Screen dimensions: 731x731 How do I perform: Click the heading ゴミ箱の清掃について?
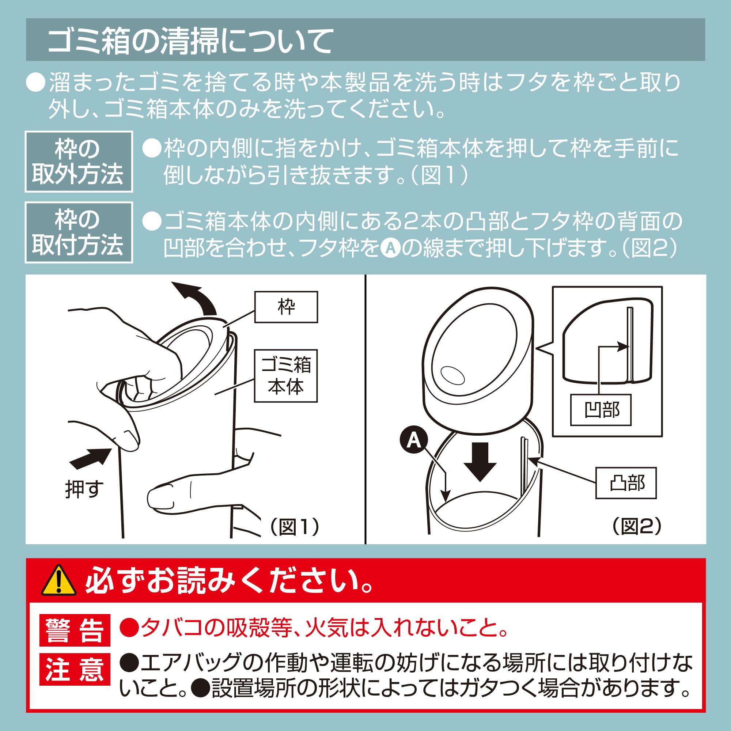coord(190,40)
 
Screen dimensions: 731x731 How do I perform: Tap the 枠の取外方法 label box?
coord(79,162)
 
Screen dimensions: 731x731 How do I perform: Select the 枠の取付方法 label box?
coord(79,232)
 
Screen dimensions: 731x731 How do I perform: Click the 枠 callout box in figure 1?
coord(286,307)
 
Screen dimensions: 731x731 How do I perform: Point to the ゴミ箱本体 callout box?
coord(286,376)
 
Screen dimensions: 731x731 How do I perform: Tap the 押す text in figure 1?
coord(84,489)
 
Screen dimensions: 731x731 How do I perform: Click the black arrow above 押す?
coord(91,459)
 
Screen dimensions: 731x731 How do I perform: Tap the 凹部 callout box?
coord(601,410)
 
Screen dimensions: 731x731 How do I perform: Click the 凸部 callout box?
coord(626,483)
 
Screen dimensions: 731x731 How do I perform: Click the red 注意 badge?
coord(75,669)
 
